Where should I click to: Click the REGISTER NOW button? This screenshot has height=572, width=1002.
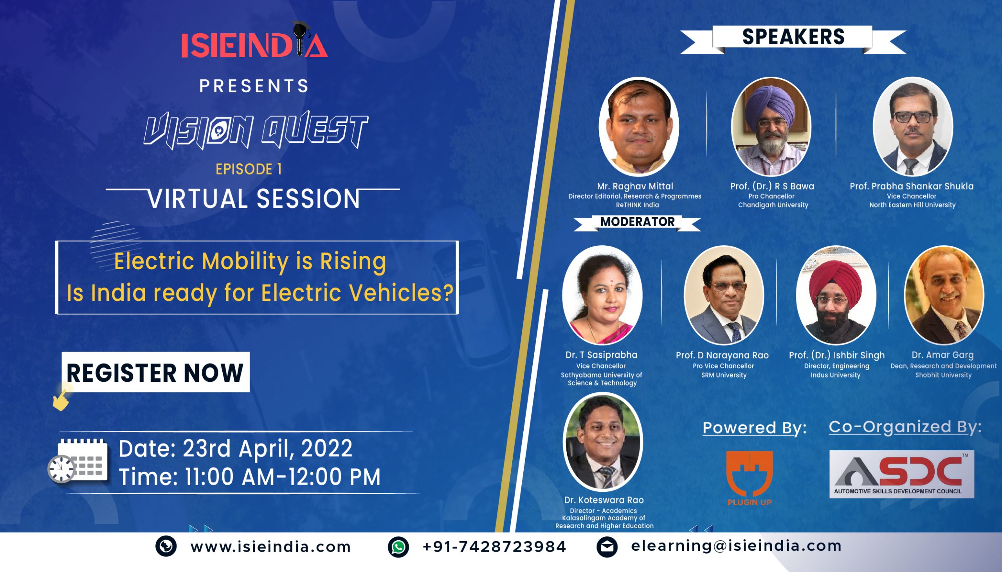156,372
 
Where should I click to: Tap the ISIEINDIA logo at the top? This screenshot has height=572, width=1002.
255,40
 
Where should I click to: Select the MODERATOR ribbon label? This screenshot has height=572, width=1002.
637,223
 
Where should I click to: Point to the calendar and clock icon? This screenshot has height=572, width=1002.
78,460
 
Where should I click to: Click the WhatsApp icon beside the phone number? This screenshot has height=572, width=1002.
398,547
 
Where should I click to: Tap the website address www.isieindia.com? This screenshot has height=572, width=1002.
271,547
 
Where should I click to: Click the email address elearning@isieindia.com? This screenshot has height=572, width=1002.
736,546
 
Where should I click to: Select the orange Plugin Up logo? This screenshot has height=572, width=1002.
749,478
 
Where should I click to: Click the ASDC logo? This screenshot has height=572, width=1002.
901,474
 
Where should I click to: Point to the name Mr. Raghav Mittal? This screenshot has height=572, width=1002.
635,186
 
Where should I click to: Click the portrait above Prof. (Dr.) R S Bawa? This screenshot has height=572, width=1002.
771,126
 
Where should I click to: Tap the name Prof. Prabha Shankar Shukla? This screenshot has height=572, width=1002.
912,186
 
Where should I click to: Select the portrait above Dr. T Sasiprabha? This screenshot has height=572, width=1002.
602,295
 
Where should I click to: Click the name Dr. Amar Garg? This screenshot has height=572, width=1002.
943,355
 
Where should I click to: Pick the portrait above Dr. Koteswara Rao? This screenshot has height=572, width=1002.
603,442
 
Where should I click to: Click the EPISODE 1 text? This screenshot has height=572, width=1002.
249,169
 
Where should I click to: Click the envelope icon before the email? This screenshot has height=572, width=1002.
607,547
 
